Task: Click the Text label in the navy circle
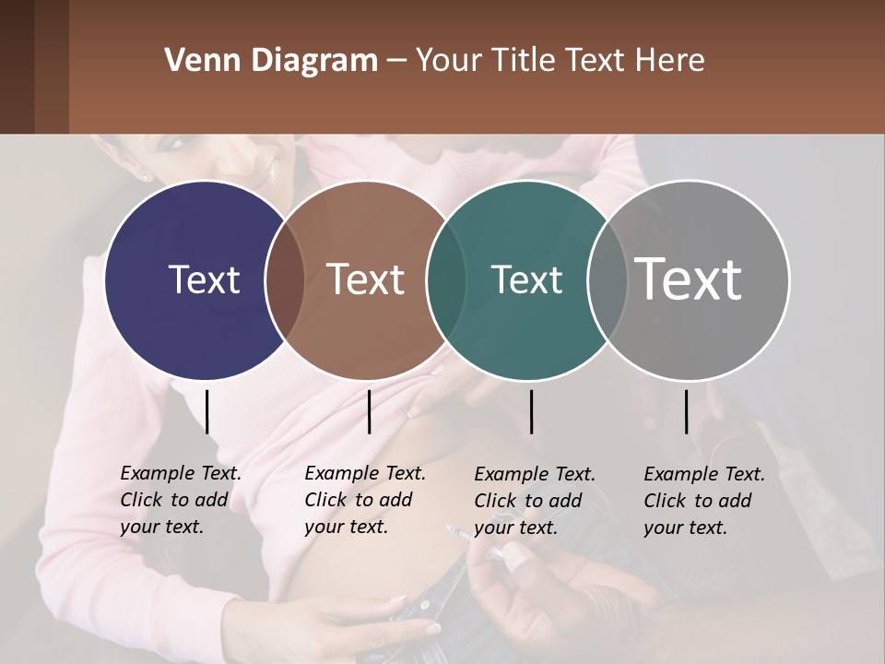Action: point(204,279)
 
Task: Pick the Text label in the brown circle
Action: point(366,279)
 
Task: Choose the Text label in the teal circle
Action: point(526,279)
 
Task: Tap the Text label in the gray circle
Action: point(689,279)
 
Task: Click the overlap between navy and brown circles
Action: point(285,279)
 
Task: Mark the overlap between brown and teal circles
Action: point(446,279)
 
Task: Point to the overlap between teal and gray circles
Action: point(607,279)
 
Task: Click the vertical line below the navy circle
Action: point(207,411)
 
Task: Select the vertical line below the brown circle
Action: point(369,411)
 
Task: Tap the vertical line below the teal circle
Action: point(531,411)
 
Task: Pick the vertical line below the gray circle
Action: point(687,411)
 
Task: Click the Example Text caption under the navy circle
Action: point(180,501)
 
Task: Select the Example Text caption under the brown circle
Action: point(364,501)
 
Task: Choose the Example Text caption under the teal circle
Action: point(535,501)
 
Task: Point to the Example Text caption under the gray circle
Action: point(703,501)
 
